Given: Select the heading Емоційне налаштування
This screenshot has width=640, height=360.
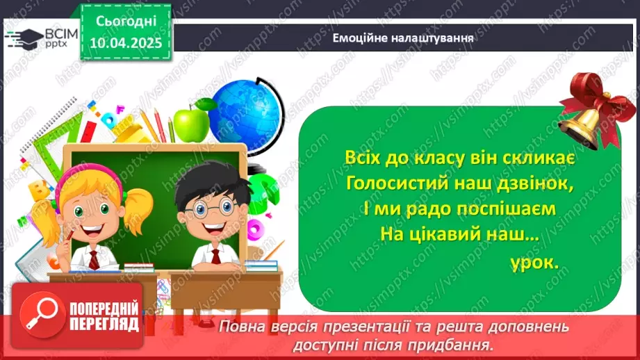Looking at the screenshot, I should (403, 38).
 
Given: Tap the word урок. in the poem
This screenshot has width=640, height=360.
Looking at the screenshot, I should (534, 264).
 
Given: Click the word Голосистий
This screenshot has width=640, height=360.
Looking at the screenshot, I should (400, 183).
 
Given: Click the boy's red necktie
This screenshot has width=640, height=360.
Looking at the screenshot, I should (216, 256).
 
